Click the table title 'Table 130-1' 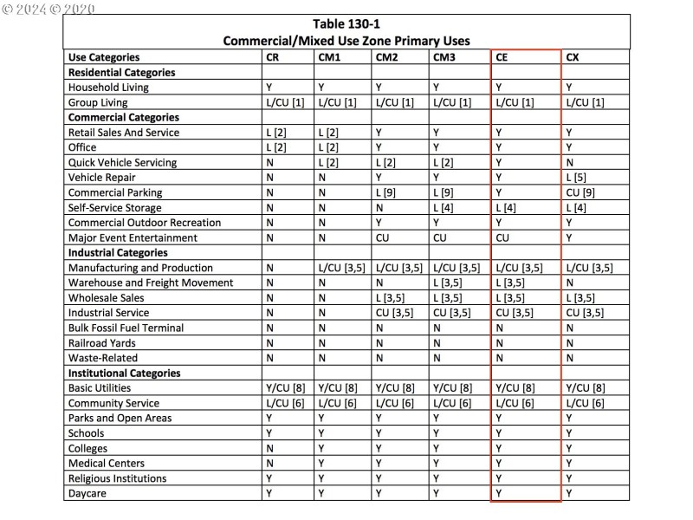[x=346, y=24]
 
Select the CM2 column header [x=386, y=57]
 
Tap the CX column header [x=573, y=57]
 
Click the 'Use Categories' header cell [x=103, y=57]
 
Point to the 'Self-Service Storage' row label [x=114, y=207]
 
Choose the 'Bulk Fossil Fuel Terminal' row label [x=126, y=328]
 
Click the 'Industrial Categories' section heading [x=117, y=252]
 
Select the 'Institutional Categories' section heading [x=124, y=373]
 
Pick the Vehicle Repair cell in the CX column [x=576, y=178]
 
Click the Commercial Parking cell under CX [x=580, y=192]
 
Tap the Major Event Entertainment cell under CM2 [x=384, y=237]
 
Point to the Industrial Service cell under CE [x=514, y=313]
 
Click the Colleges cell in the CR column [x=270, y=448]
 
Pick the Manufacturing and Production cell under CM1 [x=342, y=268]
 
